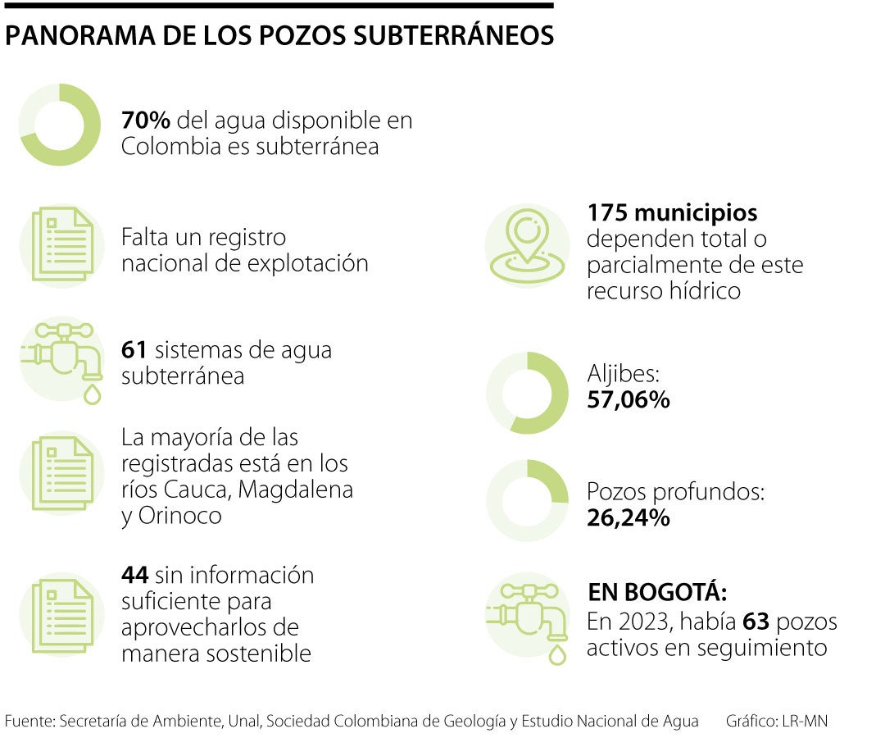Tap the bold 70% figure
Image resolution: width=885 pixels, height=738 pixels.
click(145, 121)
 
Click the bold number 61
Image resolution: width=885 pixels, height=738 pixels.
click(134, 350)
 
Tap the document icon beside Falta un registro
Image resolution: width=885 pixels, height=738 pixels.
click(62, 244)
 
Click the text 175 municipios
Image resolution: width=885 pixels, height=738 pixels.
click(672, 213)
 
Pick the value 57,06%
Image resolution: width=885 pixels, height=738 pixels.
click(629, 400)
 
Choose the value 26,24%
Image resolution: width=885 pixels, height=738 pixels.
click(629, 518)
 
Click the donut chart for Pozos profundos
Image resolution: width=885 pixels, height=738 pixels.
click(527, 501)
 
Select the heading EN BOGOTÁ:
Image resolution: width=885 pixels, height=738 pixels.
click(657, 593)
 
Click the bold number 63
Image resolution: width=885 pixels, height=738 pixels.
click(756, 622)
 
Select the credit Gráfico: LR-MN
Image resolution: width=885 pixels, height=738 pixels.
click(776, 722)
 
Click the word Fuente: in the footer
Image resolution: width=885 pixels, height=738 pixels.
click(29, 722)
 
